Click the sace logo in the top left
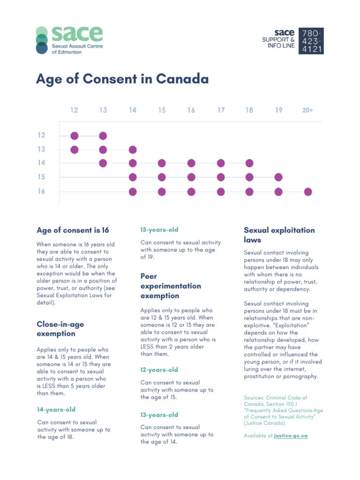[x=69, y=40]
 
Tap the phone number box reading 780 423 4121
[x=312, y=41]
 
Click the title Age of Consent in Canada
[x=122, y=79]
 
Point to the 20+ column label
[x=307, y=111]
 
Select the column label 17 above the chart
[x=221, y=111]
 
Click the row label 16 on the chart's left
[x=42, y=191]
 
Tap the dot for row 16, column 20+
[x=308, y=191]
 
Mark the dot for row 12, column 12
[x=75, y=136]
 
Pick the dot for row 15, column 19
[x=278, y=177]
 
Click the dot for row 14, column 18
[x=249, y=163]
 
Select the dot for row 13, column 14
[x=133, y=150]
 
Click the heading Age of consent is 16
[x=73, y=230]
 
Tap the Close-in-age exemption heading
[x=60, y=329]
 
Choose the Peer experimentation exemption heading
[x=171, y=286]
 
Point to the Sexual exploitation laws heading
[x=279, y=235]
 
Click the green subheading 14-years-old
[x=56, y=410]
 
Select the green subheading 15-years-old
[x=159, y=230]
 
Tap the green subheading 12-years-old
[x=159, y=370]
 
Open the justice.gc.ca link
[x=291, y=436]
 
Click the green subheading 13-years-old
[x=159, y=415]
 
